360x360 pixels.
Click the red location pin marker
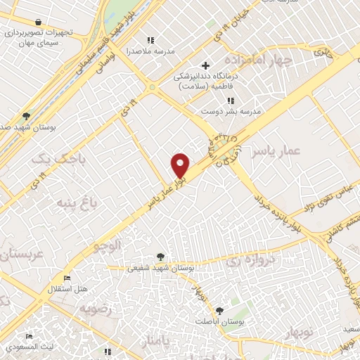click(181, 165)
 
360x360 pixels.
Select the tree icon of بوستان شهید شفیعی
click(161, 257)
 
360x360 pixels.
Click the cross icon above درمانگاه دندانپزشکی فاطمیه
click(205, 65)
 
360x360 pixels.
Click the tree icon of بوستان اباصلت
click(220, 310)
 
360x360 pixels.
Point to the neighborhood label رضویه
click(94, 309)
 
